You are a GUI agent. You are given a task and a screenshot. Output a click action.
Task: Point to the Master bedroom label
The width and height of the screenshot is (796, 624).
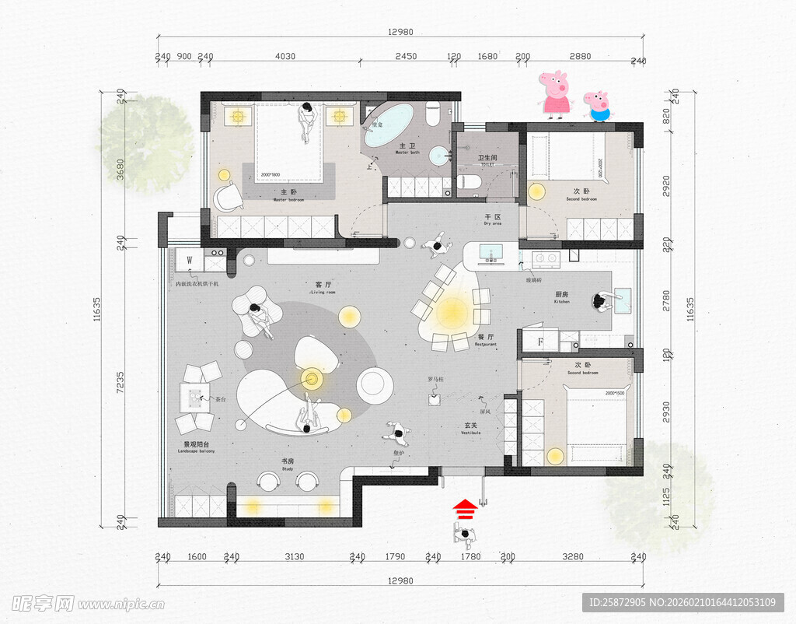click(x=288, y=195)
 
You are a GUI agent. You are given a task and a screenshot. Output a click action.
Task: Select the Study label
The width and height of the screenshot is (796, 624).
click(x=288, y=464)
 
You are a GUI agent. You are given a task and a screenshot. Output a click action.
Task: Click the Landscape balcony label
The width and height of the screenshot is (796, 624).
click(x=197, y=447)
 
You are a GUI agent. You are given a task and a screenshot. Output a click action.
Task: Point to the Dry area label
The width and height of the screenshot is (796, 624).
click(x=492, y=219)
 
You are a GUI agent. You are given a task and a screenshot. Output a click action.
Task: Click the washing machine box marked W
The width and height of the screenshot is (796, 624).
click(x=189, y=260)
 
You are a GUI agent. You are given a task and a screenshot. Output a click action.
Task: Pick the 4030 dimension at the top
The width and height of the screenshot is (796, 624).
click(x=286, y=56)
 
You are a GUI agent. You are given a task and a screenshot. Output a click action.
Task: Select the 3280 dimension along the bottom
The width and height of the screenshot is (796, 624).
click(x=573, y=556)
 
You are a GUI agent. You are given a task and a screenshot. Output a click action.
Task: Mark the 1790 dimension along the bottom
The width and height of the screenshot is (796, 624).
click(x=395, y=556)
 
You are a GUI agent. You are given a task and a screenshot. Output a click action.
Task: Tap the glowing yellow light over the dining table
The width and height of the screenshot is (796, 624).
click(x=452, y=313)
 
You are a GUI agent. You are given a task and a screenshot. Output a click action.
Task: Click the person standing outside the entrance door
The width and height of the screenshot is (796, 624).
click(x=465, y=535)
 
